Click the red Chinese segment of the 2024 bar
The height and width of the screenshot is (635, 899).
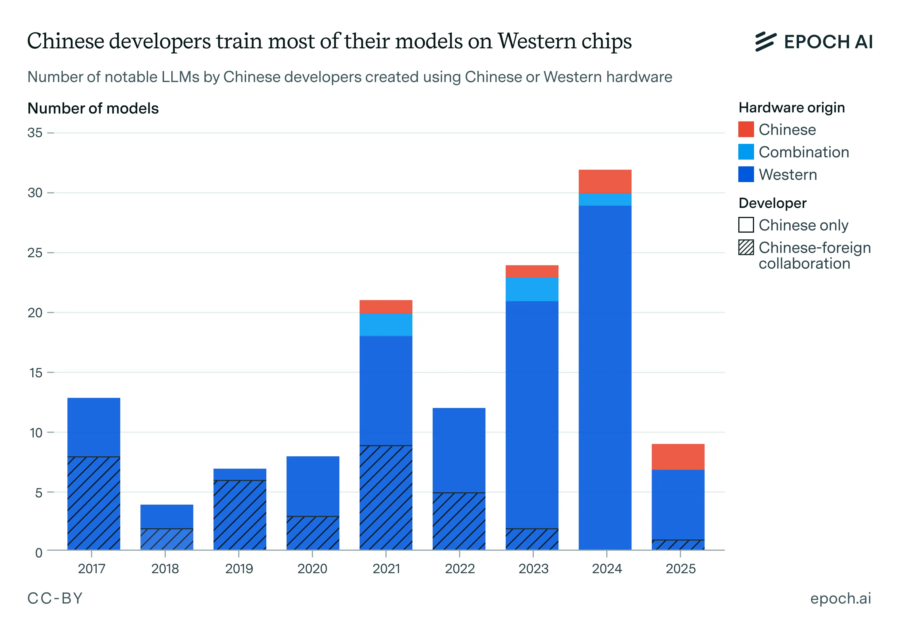coord(605,181)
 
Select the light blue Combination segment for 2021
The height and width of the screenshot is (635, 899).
coord(386,325)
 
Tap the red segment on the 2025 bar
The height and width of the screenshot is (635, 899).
coord(678,457)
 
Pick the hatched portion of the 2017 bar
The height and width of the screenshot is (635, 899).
coord(94,503)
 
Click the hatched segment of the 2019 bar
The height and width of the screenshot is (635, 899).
coord(240,515)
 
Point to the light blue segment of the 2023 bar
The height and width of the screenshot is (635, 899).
coord(532,289)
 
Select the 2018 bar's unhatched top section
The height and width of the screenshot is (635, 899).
coord(167,516)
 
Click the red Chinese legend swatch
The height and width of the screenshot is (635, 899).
coord(746,130)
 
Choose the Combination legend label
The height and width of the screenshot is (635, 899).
coord(803,152)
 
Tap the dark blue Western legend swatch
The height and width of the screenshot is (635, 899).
coord(746,174)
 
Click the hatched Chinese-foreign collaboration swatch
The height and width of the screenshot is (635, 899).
coord(746,248)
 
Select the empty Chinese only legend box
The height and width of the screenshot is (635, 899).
coord(746,225)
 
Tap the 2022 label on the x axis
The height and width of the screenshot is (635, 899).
coord(459,568)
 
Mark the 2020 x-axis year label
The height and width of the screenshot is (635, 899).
coord(312,568)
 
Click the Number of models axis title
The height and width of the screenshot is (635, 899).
coord(93,108)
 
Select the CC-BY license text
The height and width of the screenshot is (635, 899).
coord(55,598)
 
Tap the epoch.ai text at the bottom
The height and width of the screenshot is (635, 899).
coord(840,598)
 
